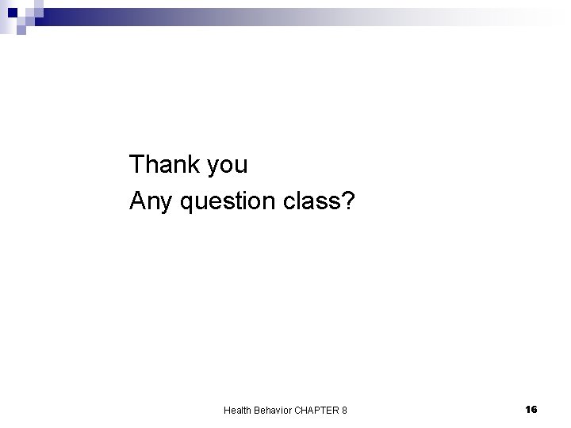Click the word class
(312, 202)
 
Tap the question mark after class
(349, 202)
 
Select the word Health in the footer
(236, 410)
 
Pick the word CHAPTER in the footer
(316, 410)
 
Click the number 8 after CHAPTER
(343, 410)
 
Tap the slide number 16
(531, 409)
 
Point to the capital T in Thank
(137, 165)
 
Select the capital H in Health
(227, 410)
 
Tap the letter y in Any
(167, 205)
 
